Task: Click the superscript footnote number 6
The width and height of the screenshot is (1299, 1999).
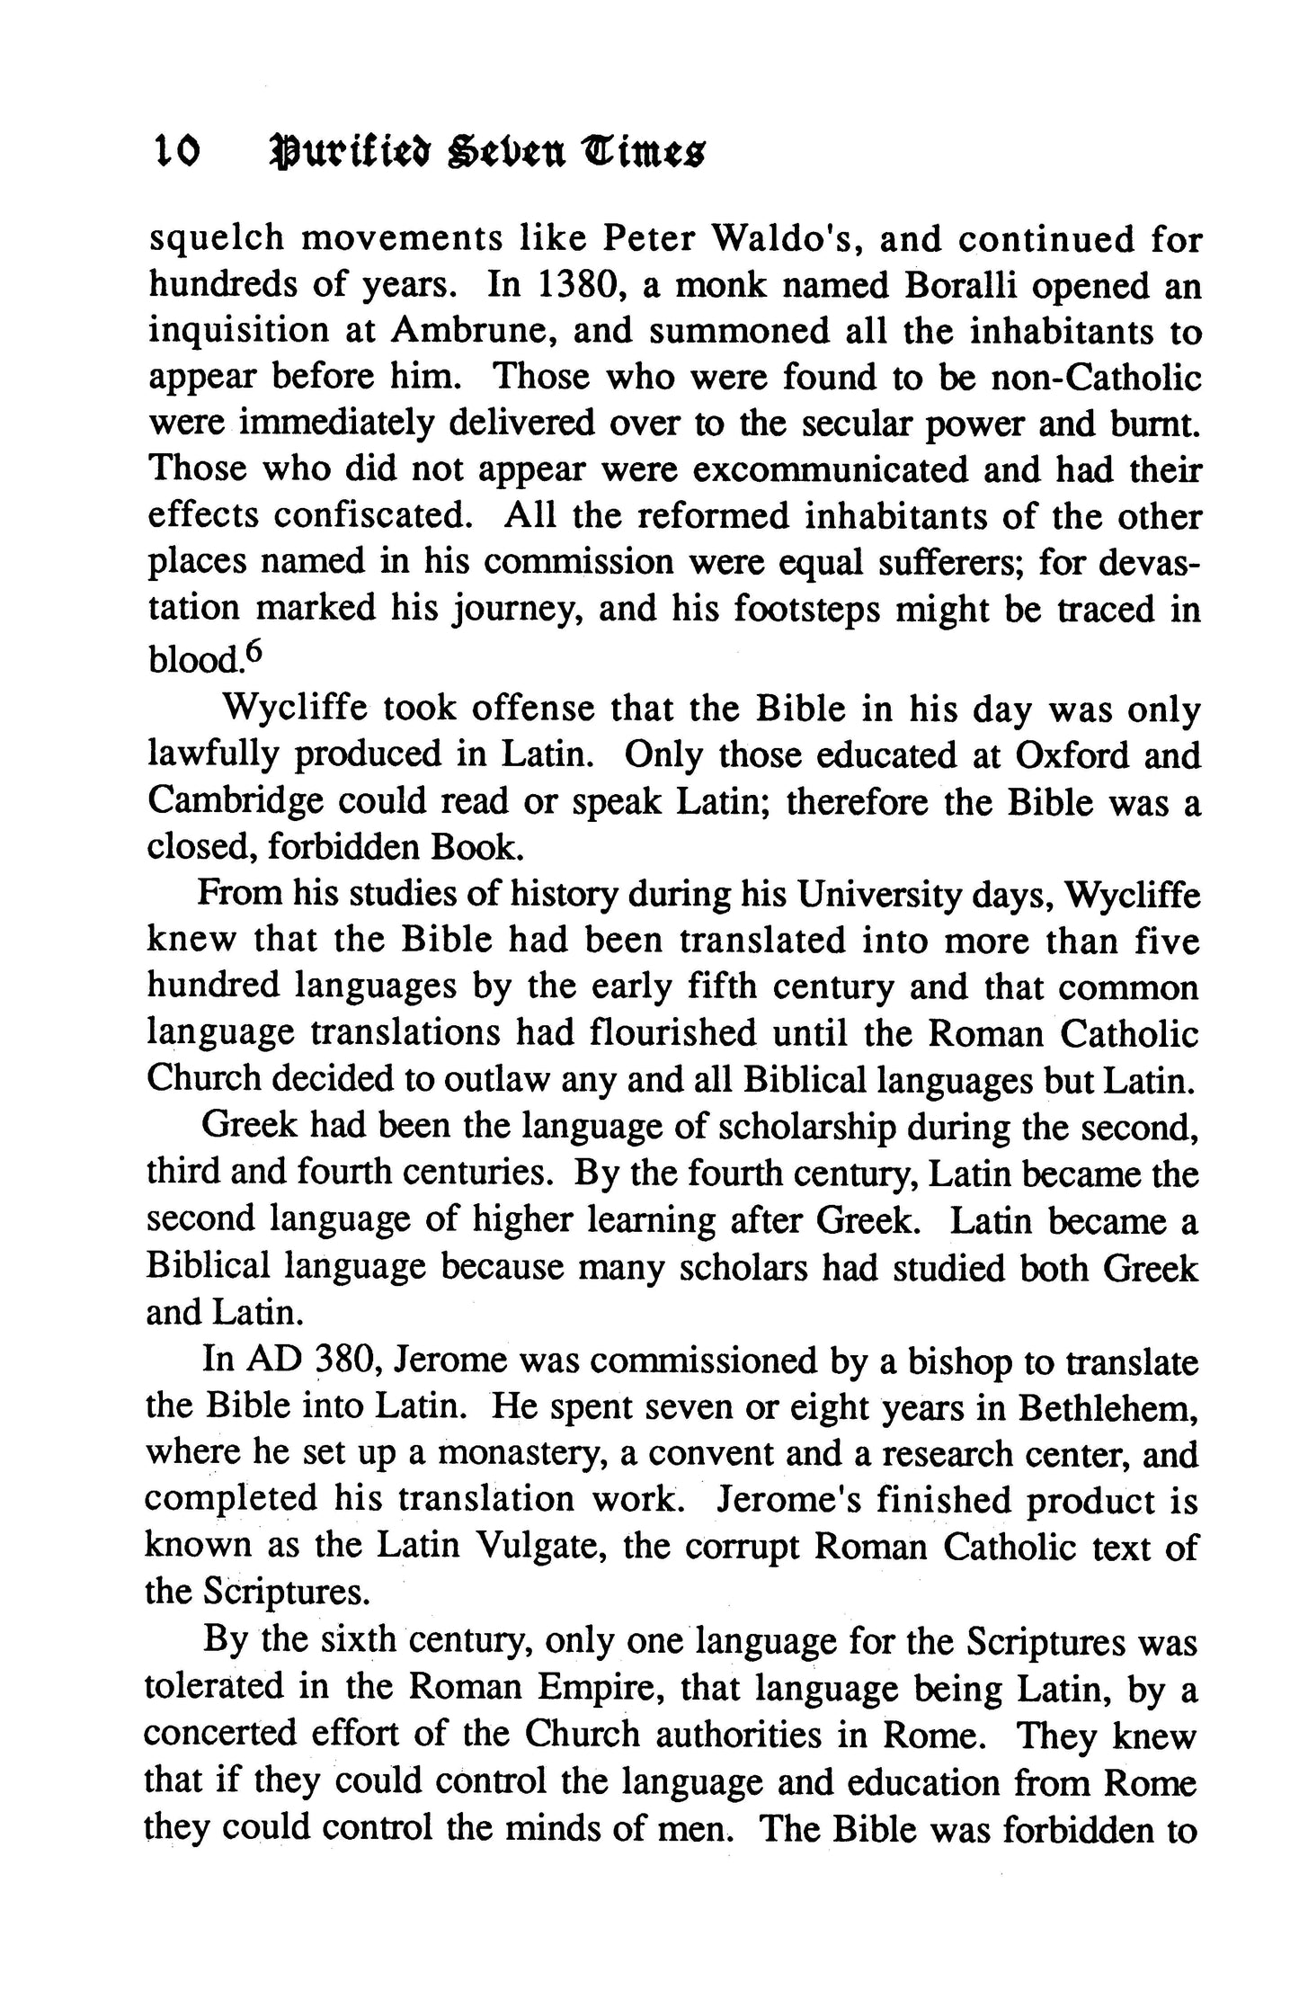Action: pyautogui.click(x=252, y=652)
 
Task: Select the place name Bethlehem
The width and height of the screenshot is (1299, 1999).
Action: pyautogui.click(x=1108, y=1406)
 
